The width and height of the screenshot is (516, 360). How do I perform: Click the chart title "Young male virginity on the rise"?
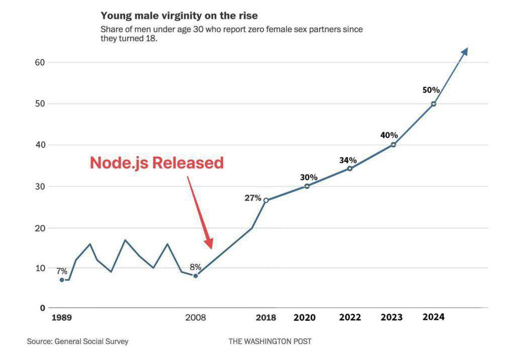tap(179, 16)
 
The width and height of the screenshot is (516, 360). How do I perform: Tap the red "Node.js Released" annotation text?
tap(156, 163)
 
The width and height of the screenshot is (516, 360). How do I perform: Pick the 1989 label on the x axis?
tap(61, 318)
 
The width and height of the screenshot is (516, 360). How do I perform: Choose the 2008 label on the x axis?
tap(195, 318)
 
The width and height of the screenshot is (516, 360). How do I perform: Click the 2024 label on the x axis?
tap(433, 317)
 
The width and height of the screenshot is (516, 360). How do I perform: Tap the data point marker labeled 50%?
tap(434, 104)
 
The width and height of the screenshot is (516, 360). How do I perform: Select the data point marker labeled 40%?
tap(393, 145)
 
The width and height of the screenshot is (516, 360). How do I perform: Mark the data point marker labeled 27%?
tap(266, 200)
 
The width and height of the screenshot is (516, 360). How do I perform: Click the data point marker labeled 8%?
tap(195, 276)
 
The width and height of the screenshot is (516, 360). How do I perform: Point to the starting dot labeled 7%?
tap(62, 280)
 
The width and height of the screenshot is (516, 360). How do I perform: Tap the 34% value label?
tap(347, 160)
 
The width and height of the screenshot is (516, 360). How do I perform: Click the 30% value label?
tap(309, 177)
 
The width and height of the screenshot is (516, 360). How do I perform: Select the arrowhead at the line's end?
tap(465, 51)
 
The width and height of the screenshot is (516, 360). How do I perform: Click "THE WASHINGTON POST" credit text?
tap(270, 341)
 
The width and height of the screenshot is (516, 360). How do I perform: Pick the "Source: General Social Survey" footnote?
tap(78, 341)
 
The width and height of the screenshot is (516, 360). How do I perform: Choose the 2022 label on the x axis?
tap(350, 318)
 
